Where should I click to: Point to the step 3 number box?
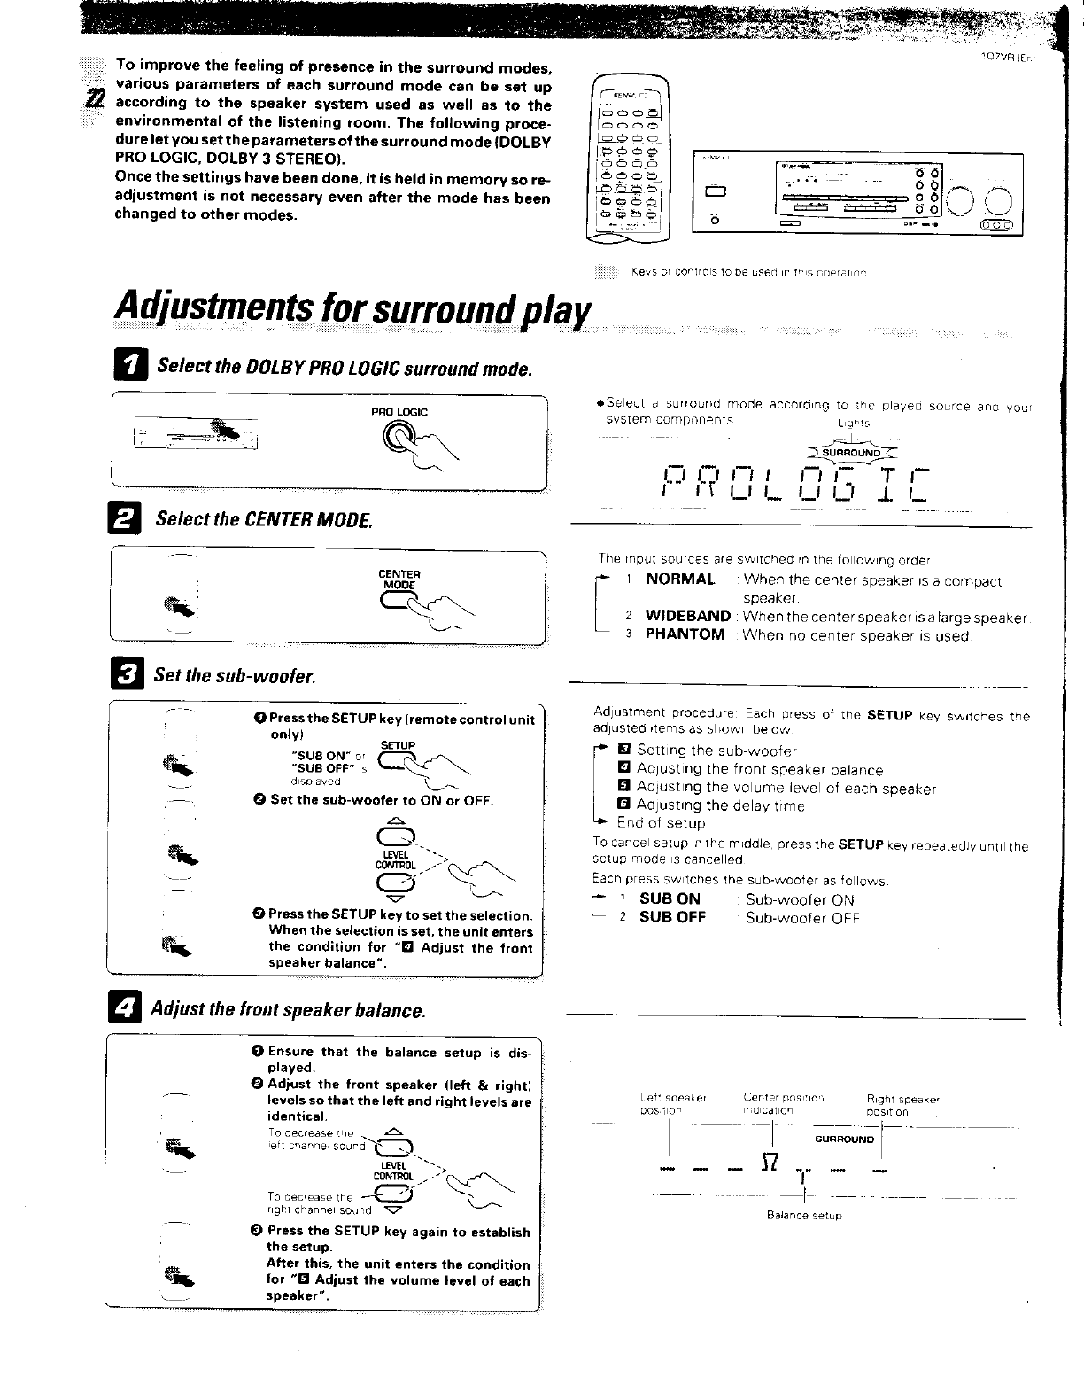tap(128, 675)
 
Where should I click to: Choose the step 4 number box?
tap(122, 1009)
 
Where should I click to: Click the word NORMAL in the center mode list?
tap(680, 579)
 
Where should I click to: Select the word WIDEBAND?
tap(687, 616)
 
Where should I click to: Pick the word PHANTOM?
tap(685, 634)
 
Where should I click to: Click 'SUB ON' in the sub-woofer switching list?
tap(670, 898)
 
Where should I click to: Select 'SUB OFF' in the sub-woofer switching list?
tap(672, 917)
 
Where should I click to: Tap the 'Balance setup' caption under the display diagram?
tap(804, 1216)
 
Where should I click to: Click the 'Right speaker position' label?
tap(902, 1104)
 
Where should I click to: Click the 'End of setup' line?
tap(661, 822)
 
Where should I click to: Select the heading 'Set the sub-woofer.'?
tap(234, 676)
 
